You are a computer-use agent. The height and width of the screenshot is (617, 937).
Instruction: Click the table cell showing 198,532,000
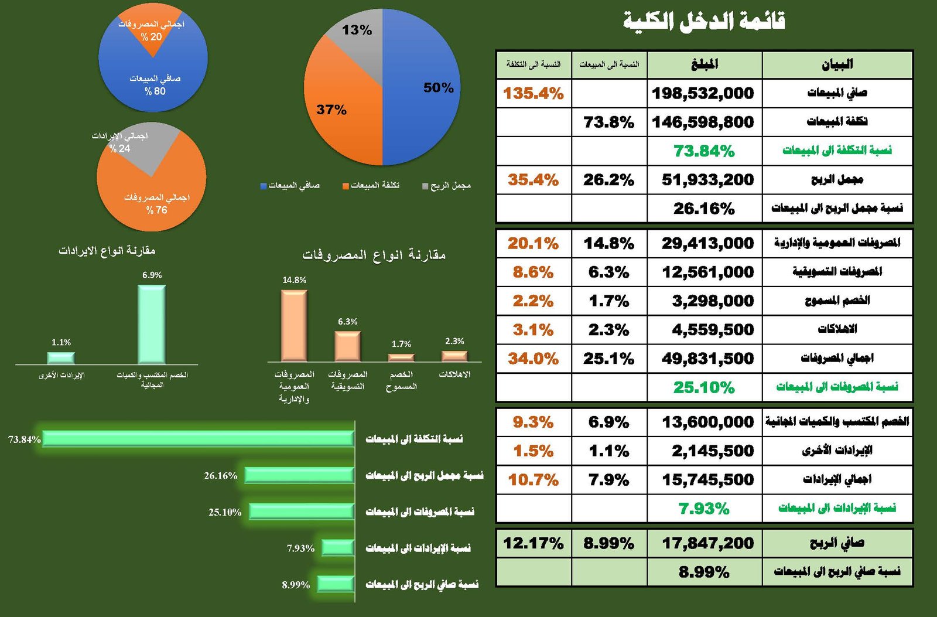click(703, 93)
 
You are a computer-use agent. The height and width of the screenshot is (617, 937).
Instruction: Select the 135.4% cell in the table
click(533, 93)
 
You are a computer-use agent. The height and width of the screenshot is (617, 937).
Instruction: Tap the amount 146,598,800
click(703, 122)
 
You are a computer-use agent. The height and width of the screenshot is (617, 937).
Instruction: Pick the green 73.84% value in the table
click(704, 151)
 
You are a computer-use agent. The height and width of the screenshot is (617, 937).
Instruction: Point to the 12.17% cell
click(533, 543)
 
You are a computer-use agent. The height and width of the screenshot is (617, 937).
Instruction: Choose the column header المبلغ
click(705, 64)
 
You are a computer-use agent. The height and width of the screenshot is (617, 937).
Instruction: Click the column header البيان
click(837, 64)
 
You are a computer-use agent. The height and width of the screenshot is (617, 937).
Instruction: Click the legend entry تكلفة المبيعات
click(371, 186)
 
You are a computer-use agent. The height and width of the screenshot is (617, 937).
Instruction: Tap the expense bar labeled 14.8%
click(294, 325)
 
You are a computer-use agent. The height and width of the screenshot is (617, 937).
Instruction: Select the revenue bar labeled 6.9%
click(152, 324)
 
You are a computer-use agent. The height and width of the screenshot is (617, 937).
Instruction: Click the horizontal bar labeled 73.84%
click(198, 438)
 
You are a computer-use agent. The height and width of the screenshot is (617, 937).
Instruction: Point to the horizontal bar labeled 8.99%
click(336, 584)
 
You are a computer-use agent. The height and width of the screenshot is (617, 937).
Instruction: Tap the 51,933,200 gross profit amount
click(707, 180)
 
